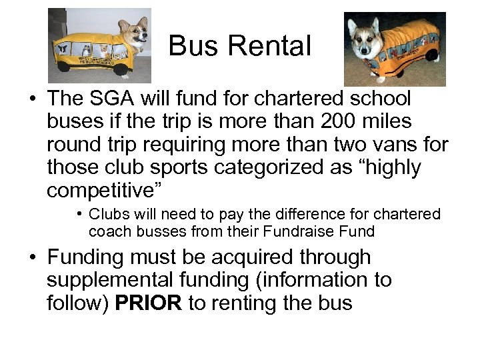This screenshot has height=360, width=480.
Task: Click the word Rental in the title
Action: (270, 46)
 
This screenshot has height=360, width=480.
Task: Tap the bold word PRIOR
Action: (148, 303)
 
